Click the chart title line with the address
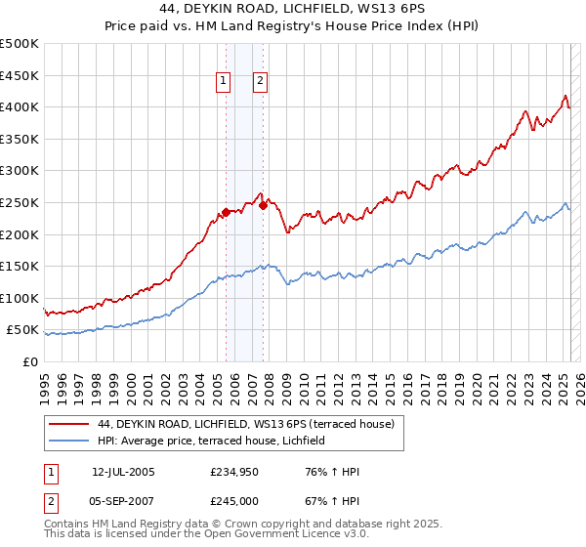click(x=293, y=9)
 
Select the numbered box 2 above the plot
click(x=262, y=82)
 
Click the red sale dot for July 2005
click(x=226, y=212)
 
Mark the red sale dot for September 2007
click(x=263, y=205)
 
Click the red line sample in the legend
click(x=68, y=424)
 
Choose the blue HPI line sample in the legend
click(x=68, y=442)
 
